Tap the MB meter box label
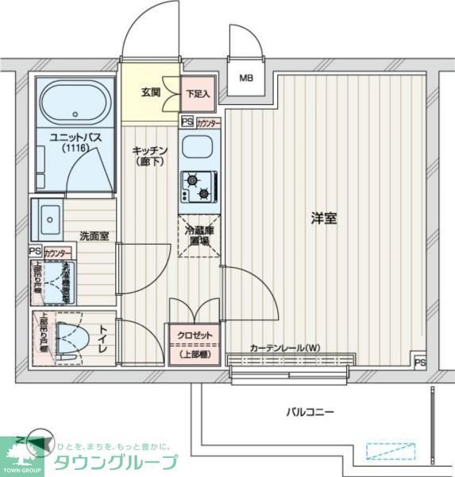click(247, 78)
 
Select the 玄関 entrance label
click(151, 92)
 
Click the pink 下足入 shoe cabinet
click(198, 93)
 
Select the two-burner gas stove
click(197, 187)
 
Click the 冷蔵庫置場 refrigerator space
click(199, 235)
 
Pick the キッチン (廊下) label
click(148, 156)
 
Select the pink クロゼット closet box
click(194, 344)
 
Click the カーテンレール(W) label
click(284, 348)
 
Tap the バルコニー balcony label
click(310, 412)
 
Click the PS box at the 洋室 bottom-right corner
click(419, 363)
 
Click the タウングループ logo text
click(115, 462)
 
